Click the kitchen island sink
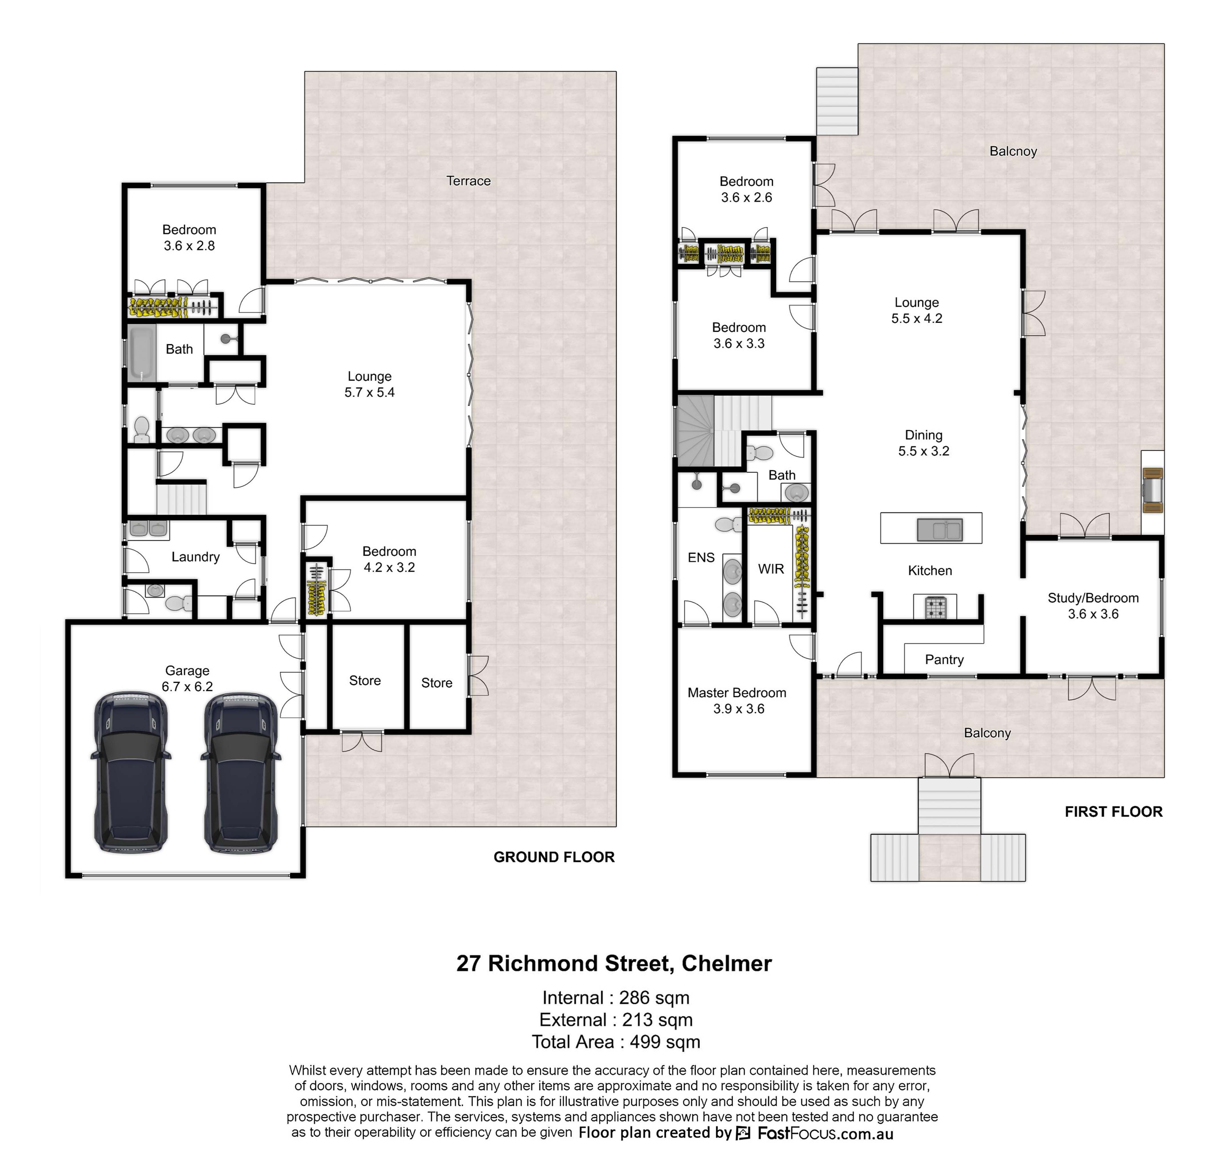coord(939,530)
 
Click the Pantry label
coord(944,660)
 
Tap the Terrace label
coord(468,181)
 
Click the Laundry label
coord(195,557)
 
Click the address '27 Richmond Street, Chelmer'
coord(614,963)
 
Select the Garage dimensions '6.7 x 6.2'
coord(187,686)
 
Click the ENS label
coord(701,558)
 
